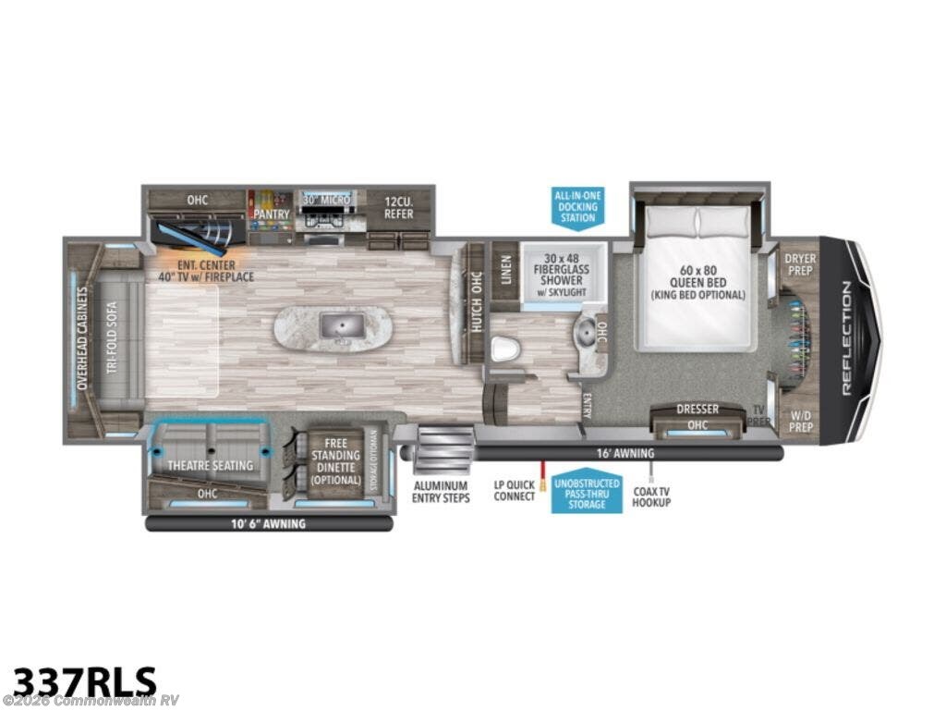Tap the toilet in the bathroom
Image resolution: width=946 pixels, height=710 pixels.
pos(503,349)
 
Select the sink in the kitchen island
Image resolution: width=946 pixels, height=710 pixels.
pos(332,325)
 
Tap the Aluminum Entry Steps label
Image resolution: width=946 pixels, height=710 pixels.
pos(442,492)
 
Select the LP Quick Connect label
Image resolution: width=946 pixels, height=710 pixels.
pos(515,491)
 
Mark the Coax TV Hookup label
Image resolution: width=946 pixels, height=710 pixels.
pos(651,496)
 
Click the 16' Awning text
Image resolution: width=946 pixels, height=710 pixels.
pos(626,453)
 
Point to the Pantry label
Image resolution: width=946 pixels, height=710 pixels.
pos(273,214)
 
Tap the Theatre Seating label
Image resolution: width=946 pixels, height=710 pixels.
pos(210,465)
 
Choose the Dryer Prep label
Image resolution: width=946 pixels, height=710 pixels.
pos(800,265)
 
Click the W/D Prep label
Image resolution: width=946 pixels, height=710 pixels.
pos(800,422)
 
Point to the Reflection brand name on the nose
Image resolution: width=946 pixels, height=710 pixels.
pos(847,339)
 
